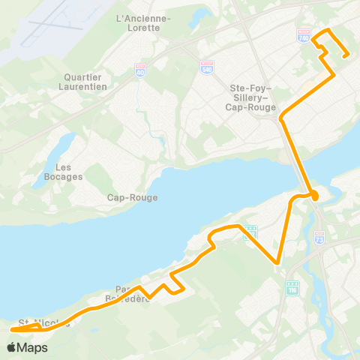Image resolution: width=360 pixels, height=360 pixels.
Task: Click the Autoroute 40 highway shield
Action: (x=140, y=69)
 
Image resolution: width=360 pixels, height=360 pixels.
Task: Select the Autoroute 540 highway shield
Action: (x=207, y=67)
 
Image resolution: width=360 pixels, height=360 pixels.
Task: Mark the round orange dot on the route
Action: (x=314, y=196)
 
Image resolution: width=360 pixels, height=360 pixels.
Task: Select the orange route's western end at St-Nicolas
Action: (x=13, y=328)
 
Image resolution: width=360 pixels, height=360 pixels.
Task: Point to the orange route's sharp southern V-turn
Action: (x=278, y=263)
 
